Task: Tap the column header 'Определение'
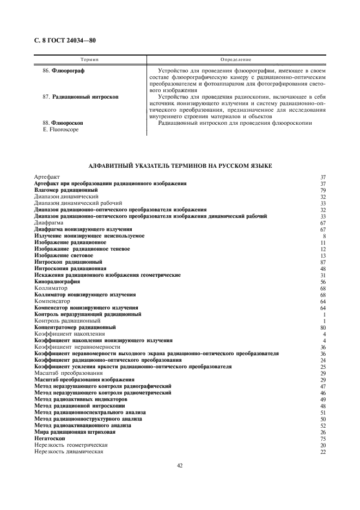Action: pyautogui.click(x=236, y=59)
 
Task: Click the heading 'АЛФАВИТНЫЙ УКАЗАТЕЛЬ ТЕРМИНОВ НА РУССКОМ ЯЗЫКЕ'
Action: pyautogui.click(x=180, y=165)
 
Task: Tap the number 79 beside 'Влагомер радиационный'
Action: pyautogui.click(x=323, y=190)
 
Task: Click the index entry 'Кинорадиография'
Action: pyautogui.click(x=57, y=282)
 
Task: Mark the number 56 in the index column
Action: pyautogui.click(x=323, y=282)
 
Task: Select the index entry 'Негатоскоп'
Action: pyautogui.click(x=50, y=439)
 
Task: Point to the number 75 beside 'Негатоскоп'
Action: pyautogui.click(x=323, y=439)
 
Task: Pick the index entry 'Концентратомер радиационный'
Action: pyautogui.click(x=75, y=327)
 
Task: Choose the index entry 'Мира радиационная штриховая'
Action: pyautogui.click(x=75, y=432)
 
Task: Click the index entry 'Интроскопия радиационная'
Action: pyautogui.click(x=70, y=269)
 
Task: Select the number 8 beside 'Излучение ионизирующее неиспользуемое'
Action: pyautogui.click(x=324, y=236)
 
